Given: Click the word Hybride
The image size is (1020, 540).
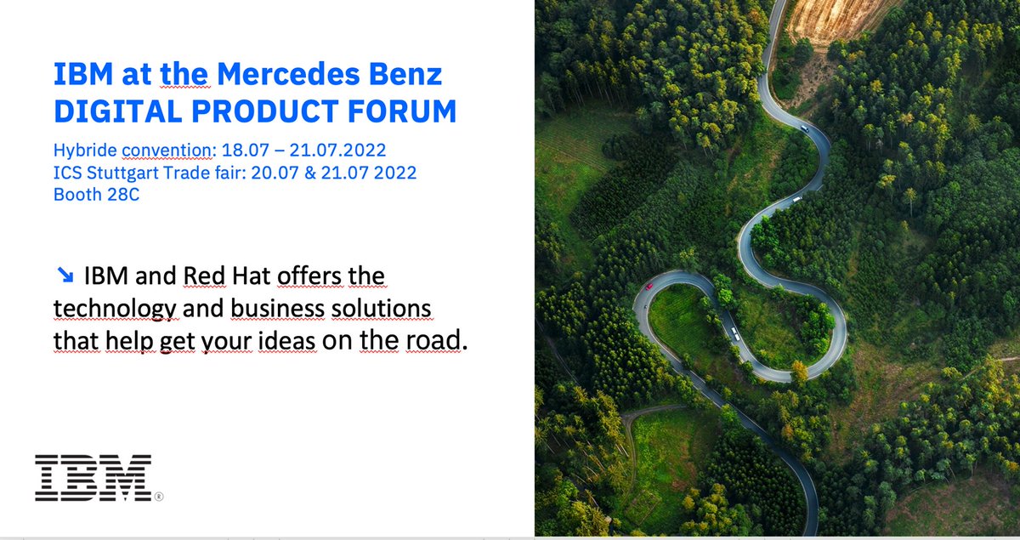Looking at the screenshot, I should [x=83, y=151].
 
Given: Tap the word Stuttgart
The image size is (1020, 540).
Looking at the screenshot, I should [x=125, y=173].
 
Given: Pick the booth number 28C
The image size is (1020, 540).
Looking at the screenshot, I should [x=120, y=193].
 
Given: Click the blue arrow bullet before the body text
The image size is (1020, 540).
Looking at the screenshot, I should [x=65, y=275].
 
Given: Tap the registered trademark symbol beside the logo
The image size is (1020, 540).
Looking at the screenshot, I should [x=159, y=496].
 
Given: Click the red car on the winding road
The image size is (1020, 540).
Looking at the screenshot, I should [x=649, y=286].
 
